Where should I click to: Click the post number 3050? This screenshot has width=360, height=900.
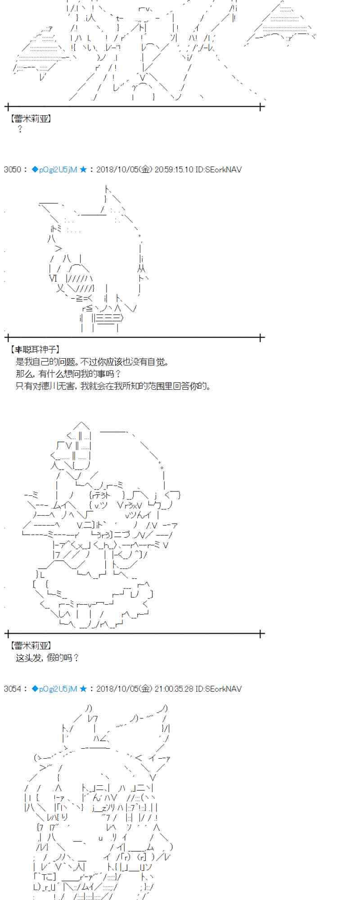(x=12, y=170)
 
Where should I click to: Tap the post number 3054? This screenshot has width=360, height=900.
(x=12, y=689)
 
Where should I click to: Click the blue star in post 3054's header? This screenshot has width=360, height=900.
(x=83, y=689)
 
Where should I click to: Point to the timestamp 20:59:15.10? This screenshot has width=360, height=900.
(x=174, y=170)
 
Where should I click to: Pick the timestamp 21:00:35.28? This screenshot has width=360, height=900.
(x=174, y=689)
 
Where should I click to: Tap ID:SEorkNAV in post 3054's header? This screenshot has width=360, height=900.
(x=219, y=689)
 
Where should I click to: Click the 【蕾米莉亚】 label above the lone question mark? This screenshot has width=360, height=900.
(x=31, y=119)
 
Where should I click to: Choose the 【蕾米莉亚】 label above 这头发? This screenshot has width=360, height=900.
(x=31, y=646)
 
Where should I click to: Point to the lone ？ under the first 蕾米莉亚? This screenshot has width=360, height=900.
(x=20, y=130)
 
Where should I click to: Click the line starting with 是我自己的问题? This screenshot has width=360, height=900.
(x=92, y=361)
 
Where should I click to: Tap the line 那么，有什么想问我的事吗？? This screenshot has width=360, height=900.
(x=68, y=373)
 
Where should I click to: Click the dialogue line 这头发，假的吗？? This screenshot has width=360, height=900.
(x=48, y=658)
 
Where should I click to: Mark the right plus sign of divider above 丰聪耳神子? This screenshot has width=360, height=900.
(x=261, y=337)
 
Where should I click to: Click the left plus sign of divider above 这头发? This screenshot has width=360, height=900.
(x=7, y=634)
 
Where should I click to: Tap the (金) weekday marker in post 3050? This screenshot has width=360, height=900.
(x=145, y=170)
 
